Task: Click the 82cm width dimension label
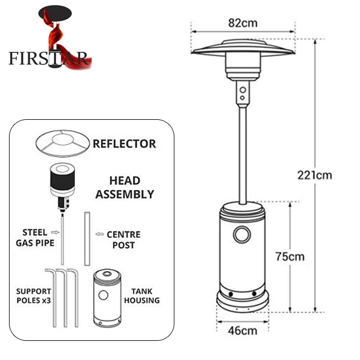(x=242, y=23)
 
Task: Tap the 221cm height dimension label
(x=314, y=174)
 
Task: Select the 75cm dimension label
(x=290, y=256)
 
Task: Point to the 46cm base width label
(x=242, y=330)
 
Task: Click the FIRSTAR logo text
(x=48, y=57)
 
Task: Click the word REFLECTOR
(x=124, y=143)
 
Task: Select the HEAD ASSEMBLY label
(x=124, y=188)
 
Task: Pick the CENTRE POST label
(x=123, y=239)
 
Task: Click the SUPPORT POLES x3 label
(x=33, y=296)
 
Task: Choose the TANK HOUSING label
(x=145, y=296)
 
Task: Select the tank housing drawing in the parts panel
(x=107, y=299)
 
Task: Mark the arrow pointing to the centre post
(x=100, y=233)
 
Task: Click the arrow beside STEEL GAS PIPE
(x=55, y=231)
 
